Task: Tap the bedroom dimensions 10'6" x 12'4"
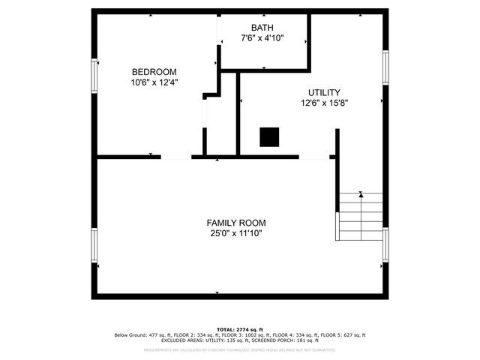pos(154,82)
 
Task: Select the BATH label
pos(262,28)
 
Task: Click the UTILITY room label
pos(325,92)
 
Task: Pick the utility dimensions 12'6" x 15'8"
pos(325,103)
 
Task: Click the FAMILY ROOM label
pos(236,223)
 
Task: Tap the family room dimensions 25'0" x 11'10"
pos(236,234)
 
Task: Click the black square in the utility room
pos(269,136)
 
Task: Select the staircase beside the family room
pos(360,216)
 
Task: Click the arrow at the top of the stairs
pos(361,194)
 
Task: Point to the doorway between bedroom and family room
pos(175,157)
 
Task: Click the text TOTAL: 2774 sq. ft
pos(239,329)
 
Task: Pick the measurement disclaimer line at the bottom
pos(239,349)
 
